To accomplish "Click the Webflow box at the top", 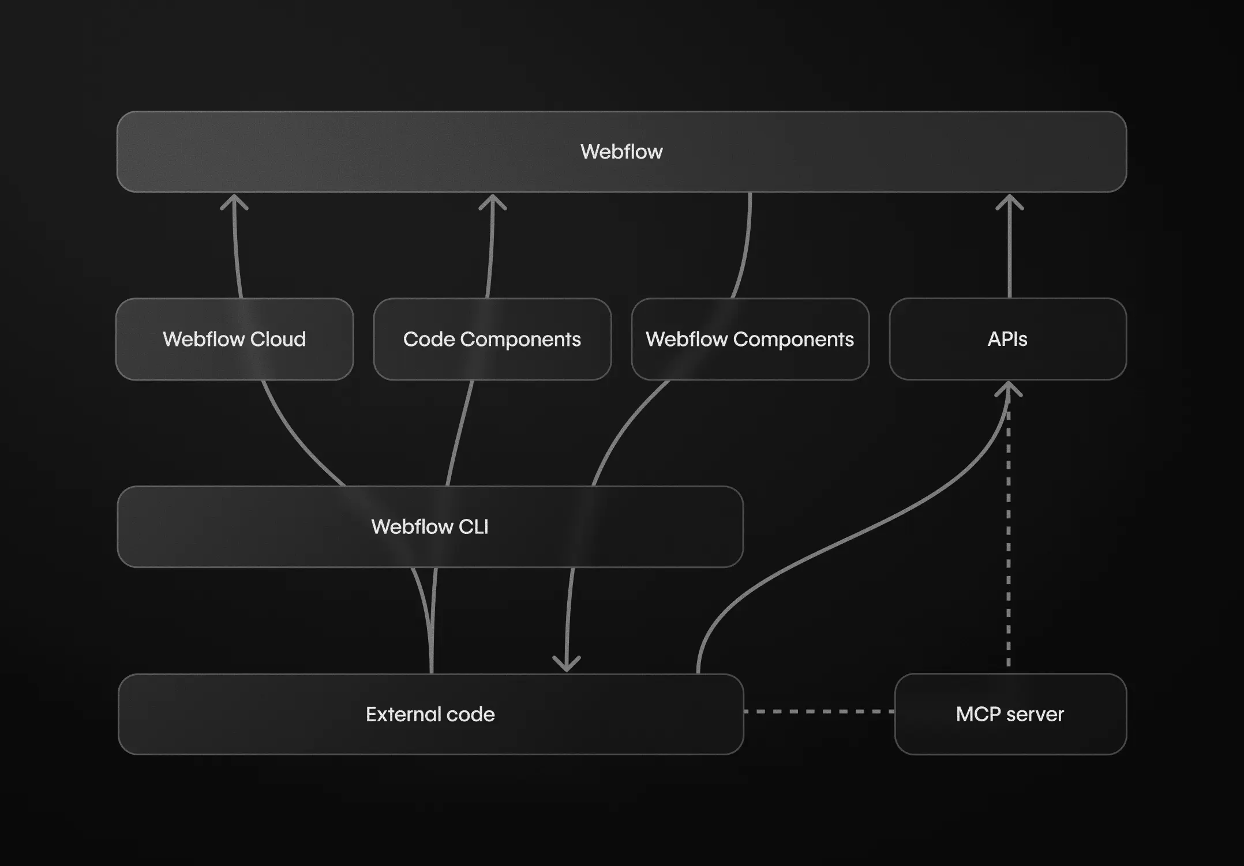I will pyautogui.click(x=621, y=152).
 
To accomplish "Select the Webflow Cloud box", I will pyautogui.click(x=234, y=339).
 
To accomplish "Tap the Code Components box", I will pyautogui.click(x=492, y=339).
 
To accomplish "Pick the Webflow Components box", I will pyautogui.click(x=750, y=339).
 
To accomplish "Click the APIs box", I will pyautogui.click(x=1007, y=339).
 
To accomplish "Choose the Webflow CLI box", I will pyautogui.click(x=430, y=526).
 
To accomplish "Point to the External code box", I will pyautogui.click(x=430, y=714).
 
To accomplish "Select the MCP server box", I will pyautogui.click(x=1010, y=714).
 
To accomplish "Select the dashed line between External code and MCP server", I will pyautogui.click(x=819, y=711).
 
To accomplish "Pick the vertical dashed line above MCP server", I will pyautogui.click(x=1009, y=542).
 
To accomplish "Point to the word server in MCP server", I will pyautogui.click(x=1035, y=714).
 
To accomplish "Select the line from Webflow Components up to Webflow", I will pyautogui.click(x=746, y=248).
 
